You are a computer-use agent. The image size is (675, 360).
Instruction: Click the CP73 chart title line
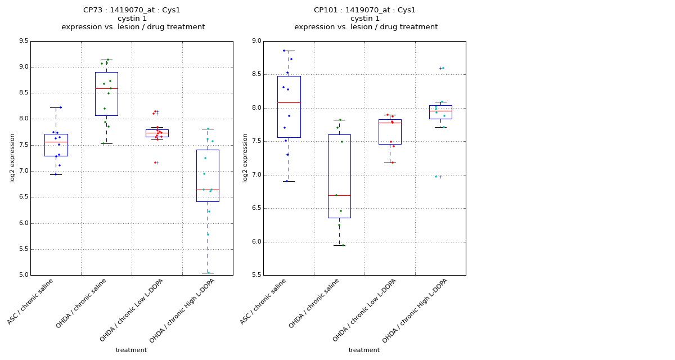click(x=132, y=10)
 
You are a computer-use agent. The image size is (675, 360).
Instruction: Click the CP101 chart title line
click(x=364, y=10)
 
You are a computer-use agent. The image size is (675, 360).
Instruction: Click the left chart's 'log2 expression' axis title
click(x=12, y=157)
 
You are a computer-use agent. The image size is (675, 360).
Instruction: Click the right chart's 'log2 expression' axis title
click(x=245, y=157)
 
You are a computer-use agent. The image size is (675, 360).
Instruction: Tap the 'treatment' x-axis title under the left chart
click(x=131, y=350)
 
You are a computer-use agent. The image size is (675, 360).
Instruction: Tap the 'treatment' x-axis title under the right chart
click(x=364, y=350)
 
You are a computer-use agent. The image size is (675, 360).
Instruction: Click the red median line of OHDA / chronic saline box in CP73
click(x=106, y=88)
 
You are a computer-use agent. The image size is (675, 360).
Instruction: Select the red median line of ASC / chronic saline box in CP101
click(x=289, y=102)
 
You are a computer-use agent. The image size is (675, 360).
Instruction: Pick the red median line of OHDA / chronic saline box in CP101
click(x=339, y=195)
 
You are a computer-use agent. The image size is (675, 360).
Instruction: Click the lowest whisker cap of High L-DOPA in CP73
click(x=208, y=273)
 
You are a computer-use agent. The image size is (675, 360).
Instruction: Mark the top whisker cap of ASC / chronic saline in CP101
click(x=289, y=51)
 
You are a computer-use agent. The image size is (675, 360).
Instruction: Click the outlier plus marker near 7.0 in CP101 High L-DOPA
click(x=440, y=177)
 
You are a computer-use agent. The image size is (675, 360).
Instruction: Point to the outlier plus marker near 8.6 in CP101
click(x=440, y=68)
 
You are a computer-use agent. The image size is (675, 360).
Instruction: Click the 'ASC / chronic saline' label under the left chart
click(x=31, y=302)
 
